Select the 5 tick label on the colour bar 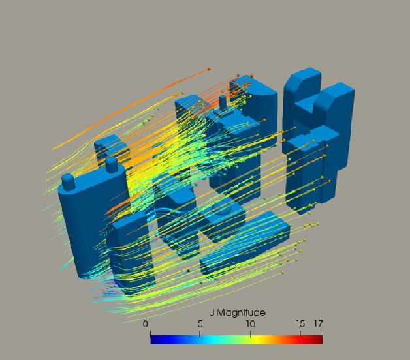[x=200, y=324]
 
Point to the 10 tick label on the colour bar [x=250, y=324]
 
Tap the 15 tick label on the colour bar [x=300, y=324]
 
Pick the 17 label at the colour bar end [x=318, y=324]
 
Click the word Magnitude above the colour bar [x=242, y=312]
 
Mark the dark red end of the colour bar [x=319, y=338]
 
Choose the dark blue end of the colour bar [x=153, y=338]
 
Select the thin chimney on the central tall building [x=223, y=102]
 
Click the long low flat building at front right [x=248, y=241]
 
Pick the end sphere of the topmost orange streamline [x=209, y=68]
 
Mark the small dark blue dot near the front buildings [x=189, y=269]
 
